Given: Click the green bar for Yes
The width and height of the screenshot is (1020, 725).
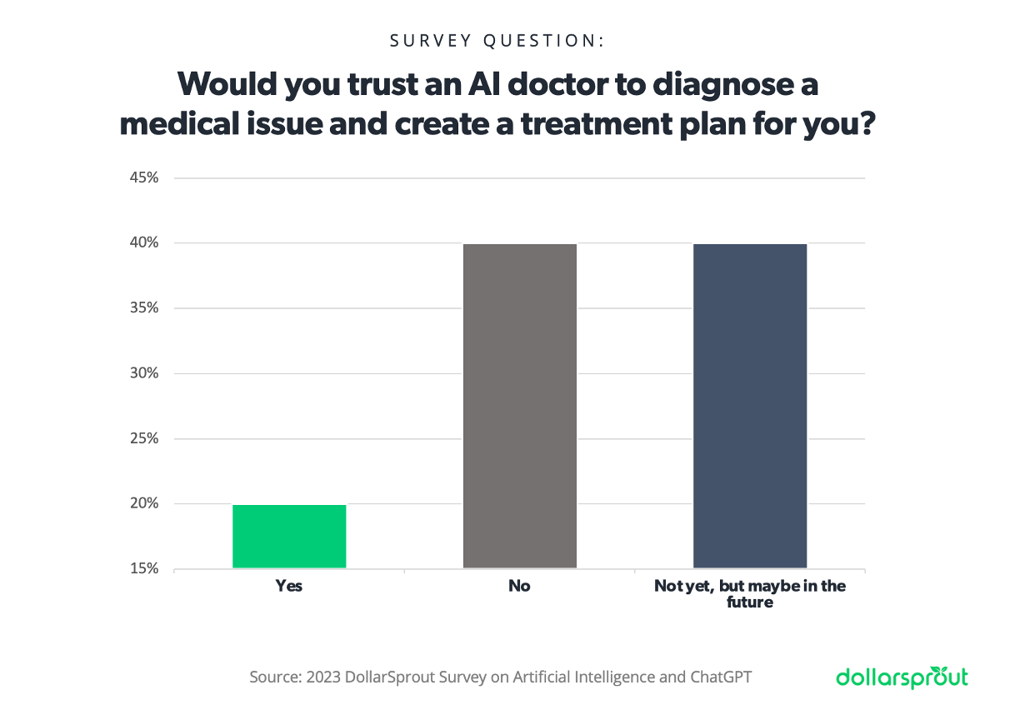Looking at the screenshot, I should click(x=289, y=537).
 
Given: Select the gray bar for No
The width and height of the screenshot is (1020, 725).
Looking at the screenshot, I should click(x=519, y=406).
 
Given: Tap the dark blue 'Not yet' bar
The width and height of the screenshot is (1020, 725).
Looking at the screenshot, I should click(x=750, y=406).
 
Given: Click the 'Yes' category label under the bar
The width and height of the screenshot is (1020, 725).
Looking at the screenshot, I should click(x=289, y=586).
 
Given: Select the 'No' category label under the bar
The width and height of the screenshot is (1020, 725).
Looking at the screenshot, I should click(x=519, y=586).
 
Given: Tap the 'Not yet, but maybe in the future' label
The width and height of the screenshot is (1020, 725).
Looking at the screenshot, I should click(x=750, y=593).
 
